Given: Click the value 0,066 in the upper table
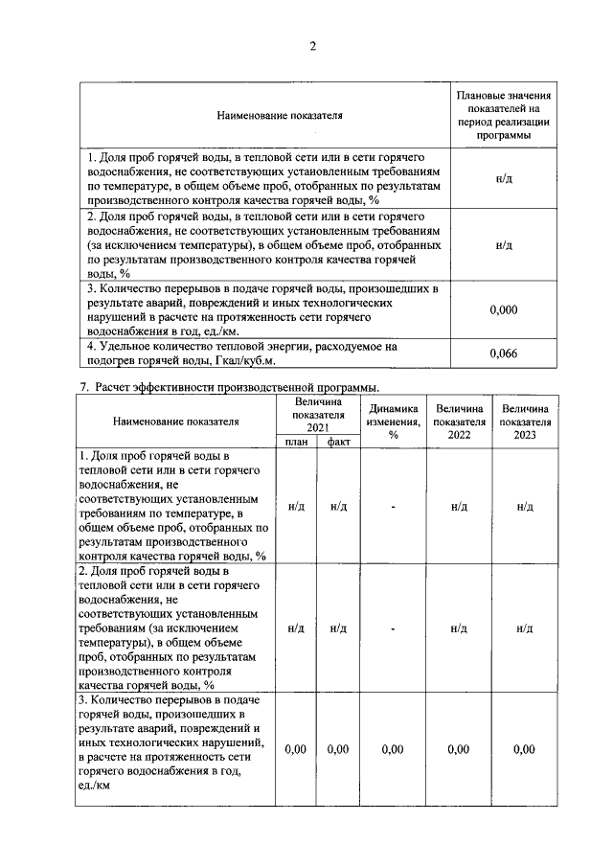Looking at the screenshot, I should pos(503,354).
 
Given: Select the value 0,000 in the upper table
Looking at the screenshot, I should pos(503,309).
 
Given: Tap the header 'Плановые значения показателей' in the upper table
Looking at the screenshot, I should pos(504,115).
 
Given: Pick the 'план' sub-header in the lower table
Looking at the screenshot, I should pos(296,442).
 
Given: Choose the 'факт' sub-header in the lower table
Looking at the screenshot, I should pos(337,442).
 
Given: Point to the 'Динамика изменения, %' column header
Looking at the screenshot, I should pos(393,421).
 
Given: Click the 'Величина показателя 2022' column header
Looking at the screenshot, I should pos(458,421).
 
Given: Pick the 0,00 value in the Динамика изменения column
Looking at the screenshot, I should pos(393,749).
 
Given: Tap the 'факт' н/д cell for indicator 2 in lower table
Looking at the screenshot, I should pos(337,628).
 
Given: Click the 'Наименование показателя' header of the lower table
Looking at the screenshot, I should pos(175,421).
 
